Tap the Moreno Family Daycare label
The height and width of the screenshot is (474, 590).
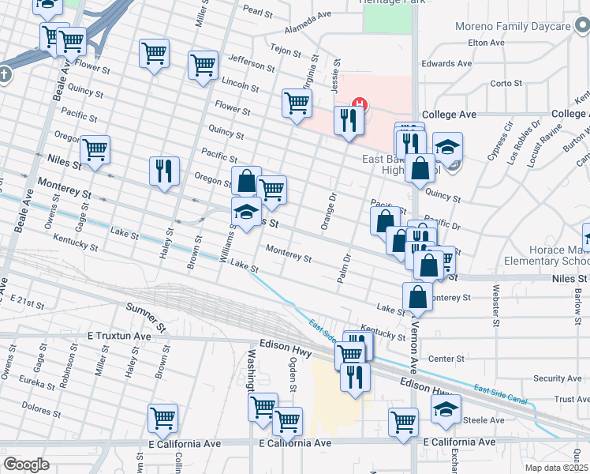tap(513, 26)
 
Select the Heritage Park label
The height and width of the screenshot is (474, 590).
tap(379, 3)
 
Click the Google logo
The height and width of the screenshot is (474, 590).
tap(26, 464)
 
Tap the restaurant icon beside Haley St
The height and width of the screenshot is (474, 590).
tap(164, 171)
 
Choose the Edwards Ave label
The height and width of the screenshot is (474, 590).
tap(446, 63)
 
